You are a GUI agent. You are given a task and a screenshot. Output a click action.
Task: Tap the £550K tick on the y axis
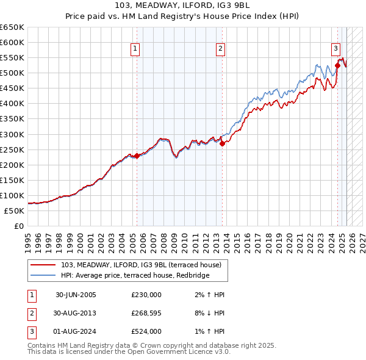point(12,58)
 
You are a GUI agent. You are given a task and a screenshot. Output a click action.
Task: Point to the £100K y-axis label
point(12,196)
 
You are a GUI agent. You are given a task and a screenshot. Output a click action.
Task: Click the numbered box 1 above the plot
point(134,50)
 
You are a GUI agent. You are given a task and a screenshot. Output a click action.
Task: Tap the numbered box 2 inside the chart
point(220,50)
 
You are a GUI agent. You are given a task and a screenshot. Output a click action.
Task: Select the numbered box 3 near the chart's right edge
point(335,50)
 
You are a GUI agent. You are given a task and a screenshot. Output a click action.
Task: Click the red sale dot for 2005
point(137,156)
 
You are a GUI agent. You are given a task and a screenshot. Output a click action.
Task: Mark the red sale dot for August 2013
point(222,144)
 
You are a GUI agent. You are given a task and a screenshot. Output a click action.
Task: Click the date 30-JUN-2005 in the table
point(76,294)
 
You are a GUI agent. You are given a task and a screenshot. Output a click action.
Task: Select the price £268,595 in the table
point(146,313)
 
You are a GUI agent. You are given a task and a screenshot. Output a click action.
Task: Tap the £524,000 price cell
point(146,331)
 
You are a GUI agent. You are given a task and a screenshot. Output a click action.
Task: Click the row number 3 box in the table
point(31,331)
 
